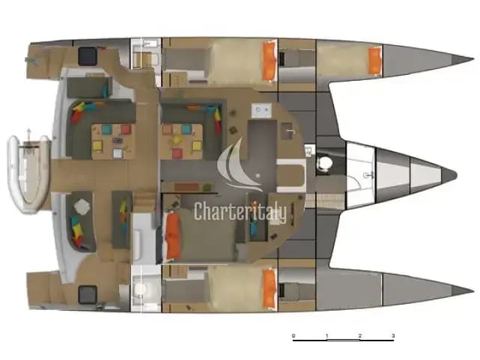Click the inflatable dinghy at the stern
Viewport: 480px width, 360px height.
28,174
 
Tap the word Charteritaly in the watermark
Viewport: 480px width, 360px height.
240,211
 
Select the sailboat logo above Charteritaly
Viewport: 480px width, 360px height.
240,165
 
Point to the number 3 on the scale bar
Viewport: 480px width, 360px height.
393,335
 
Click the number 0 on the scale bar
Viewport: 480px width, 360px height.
294,335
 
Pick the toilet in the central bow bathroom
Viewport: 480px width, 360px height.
324,162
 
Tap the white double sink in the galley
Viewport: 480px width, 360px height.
261,111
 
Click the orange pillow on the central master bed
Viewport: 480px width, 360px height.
173,236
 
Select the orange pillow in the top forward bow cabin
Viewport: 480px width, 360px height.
374,61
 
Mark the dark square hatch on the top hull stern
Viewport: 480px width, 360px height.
88,56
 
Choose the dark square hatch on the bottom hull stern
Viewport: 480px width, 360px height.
88,295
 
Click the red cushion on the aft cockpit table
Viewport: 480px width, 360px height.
126,129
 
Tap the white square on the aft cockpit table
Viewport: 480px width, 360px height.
118,153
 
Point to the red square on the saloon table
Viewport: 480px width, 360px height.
177,153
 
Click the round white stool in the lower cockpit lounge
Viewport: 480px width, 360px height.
82,207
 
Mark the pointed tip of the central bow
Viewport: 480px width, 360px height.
457,176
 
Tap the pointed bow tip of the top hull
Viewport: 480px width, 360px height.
473,58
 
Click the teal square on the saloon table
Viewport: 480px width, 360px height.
186,129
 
